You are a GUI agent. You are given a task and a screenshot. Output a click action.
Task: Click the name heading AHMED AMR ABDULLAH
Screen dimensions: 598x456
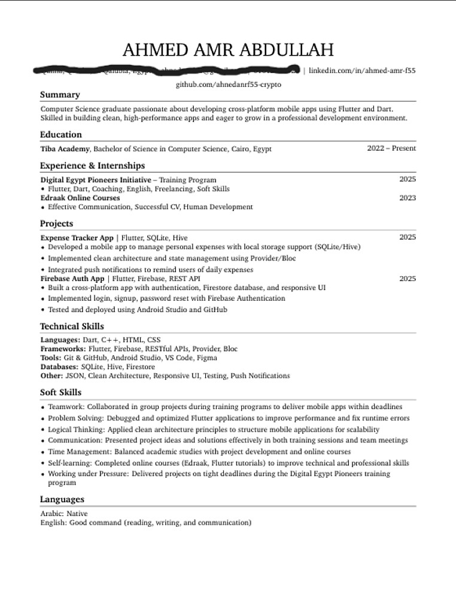[x=227, y=50]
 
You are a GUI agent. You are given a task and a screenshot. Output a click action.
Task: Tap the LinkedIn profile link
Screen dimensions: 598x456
[x=362, y=71]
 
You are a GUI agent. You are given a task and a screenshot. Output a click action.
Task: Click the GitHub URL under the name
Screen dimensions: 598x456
[x=228, y=85]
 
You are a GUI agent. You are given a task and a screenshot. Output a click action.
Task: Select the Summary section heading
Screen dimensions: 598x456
[x=59, y=94]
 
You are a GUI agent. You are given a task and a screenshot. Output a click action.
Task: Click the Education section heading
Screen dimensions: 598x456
[x=61, y=135]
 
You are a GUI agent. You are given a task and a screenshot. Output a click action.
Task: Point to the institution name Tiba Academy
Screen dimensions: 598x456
[x=65, y=148]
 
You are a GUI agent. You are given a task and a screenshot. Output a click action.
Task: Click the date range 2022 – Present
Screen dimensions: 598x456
[x=391, y=148]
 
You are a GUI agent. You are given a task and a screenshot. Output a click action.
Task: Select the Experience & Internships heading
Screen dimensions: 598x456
[x=92, y=166]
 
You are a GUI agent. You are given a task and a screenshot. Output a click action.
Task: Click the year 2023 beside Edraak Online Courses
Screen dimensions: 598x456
[x=407, y=198]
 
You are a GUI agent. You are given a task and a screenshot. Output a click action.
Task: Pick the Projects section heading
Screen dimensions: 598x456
[x=56, y=224]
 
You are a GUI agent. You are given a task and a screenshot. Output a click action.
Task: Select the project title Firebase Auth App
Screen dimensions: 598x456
[x=72, y=279]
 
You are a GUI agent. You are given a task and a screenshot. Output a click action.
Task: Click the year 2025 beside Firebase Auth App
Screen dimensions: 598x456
[x=407, y=279]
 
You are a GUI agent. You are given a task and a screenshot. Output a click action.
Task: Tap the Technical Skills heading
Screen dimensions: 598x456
[x=72, y=327]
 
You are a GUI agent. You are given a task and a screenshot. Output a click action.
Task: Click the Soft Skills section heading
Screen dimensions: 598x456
[x=60, y=392]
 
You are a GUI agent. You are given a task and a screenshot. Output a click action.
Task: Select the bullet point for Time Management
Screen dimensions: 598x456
[x=42, y=452]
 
